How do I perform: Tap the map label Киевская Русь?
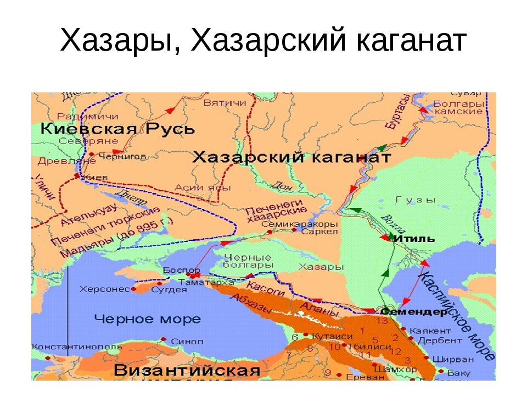(x=119, y=130)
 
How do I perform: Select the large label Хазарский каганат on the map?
(x=291, y=157)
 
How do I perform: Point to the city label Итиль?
(x=414, y=239)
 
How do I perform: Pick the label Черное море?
(x=147, y=319)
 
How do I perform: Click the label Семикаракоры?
(x=299, y=224)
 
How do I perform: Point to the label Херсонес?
(x=104, y=288)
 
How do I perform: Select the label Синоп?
(x=187, y=341)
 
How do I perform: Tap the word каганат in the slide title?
(x=406, y=41)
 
